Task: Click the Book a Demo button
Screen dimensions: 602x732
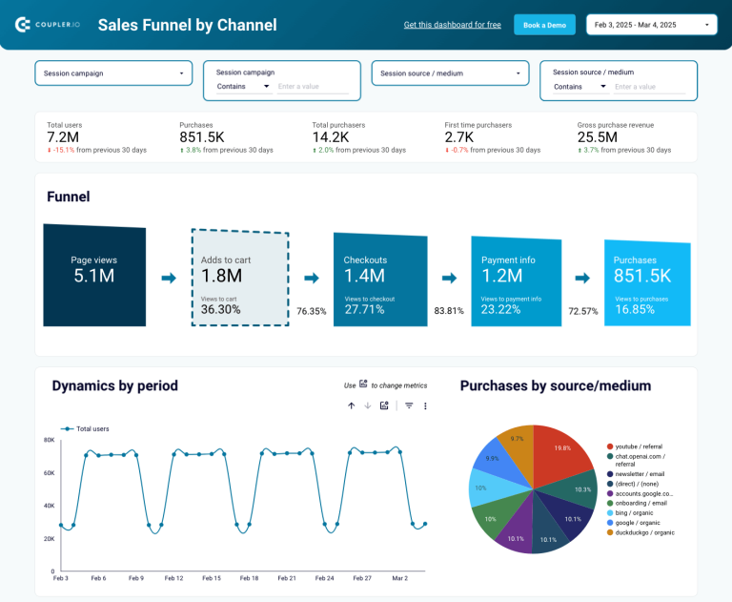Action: [x=544, y=25]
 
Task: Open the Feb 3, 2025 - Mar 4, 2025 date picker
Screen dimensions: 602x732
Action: [x=652, y=25]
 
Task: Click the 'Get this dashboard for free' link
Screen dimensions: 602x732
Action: [x=452, y=25]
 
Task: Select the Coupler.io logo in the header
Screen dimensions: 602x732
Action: [x=48, y=25]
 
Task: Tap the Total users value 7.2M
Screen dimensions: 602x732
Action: [x=62, y=137]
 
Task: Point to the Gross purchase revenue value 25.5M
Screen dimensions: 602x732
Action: [x=597, y=137]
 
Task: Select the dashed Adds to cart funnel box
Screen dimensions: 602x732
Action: [x=239, y=277]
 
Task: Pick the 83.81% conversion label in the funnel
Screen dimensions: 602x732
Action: [x=449, y=311]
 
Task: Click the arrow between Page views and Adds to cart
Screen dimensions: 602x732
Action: [x=169, y=278]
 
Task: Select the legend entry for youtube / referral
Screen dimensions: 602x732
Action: [x=640, y=446]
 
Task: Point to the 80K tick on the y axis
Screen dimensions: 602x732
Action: [x=49, y=440]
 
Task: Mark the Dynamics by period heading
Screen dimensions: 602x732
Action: [x=114, y=385]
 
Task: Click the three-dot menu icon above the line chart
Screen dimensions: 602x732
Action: [x=425, y=405]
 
